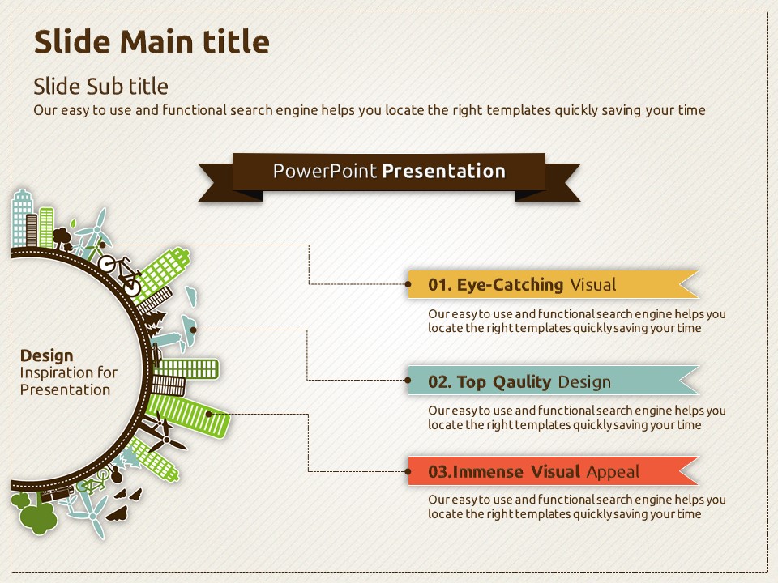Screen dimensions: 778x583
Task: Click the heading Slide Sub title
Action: [x=100, y=87]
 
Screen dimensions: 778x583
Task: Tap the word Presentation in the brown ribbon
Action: [x=444, y=171]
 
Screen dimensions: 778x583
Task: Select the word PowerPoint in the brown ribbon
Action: [x=325, y=171]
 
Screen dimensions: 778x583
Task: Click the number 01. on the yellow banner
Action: [x=439, y=285]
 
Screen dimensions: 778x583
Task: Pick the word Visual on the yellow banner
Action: [x=593, y=285]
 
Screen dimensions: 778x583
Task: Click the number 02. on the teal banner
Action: [x=440, y=382]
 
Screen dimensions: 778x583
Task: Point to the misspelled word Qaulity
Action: [x=521, y=382]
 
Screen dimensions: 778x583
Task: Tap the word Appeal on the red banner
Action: [x=613, y=472]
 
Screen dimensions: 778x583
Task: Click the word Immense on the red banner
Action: [x=488, y=472]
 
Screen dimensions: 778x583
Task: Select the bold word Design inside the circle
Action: [x=47, y=356]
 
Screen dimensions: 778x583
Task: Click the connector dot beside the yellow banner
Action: [x=408, y=284]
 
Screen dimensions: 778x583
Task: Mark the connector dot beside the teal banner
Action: [x=408, y=381]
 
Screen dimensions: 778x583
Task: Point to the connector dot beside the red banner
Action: [x=408, y=471]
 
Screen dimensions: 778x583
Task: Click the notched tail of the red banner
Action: [x=689, y=471]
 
